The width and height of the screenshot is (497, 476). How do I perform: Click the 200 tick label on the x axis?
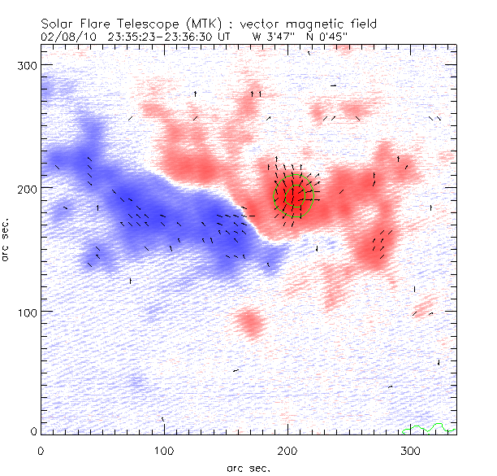click(287, 450)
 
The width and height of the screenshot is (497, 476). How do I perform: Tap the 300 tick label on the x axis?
click(410, 450)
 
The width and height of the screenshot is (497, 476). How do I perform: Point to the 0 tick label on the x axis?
click(41, 450)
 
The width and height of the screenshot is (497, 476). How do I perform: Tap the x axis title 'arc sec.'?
click(248, 468)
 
